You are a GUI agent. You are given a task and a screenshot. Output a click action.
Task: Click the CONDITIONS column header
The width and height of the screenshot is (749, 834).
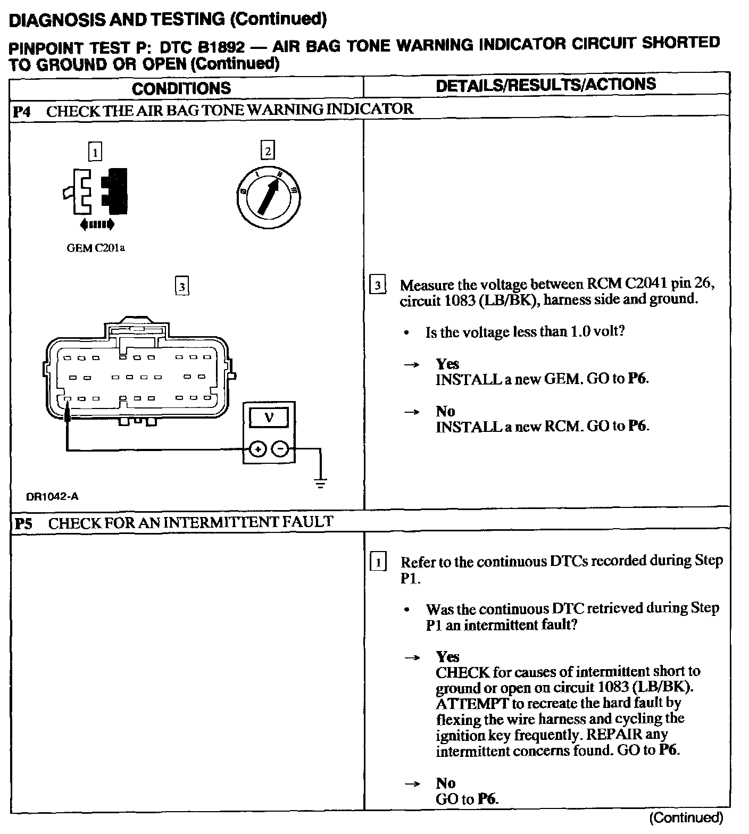pyautogui.click(x=181, y=88)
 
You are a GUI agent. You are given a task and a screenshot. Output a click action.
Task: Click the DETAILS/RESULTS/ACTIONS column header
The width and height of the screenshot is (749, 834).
pyautogui.click(x=545, y=85)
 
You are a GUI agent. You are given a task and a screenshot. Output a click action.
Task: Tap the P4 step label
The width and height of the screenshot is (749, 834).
pyautogui.click(x=22, y=112)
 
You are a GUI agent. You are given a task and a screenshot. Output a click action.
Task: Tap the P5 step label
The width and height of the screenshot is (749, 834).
pyautogui.click(x=23, y=523)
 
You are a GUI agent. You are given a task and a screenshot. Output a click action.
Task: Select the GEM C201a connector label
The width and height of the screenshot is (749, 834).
pyautogui.click(x=96, y=248)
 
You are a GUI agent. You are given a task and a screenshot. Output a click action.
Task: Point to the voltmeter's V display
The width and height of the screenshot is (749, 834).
pyautogui.click(x=269, y=418)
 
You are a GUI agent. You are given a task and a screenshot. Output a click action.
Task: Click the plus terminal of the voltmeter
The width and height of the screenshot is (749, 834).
pyautogui.click(x=257, y=449)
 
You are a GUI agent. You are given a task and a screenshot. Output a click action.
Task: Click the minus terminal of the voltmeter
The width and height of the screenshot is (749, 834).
pyautogui.click(x=280, y=449)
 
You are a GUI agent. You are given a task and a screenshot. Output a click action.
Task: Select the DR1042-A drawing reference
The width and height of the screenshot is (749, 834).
pyautogui.click(x=52, y=497)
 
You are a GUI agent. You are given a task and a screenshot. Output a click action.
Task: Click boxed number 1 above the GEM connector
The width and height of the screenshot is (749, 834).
pyautogui.click(x=95, y=153)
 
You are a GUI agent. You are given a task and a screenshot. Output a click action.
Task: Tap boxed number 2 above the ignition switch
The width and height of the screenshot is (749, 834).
pyautogui.click(x=267, y=151)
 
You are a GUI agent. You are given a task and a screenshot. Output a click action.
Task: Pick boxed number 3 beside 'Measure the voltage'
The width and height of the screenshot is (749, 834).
pyautogui.click(x=377, y=286)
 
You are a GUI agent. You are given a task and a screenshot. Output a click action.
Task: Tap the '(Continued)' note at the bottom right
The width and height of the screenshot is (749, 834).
pyautogui.click(x=687, y=818)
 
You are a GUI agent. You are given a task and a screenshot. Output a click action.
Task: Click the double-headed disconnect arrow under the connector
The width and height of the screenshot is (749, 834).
pyautogui.click(x=96, y=226)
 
